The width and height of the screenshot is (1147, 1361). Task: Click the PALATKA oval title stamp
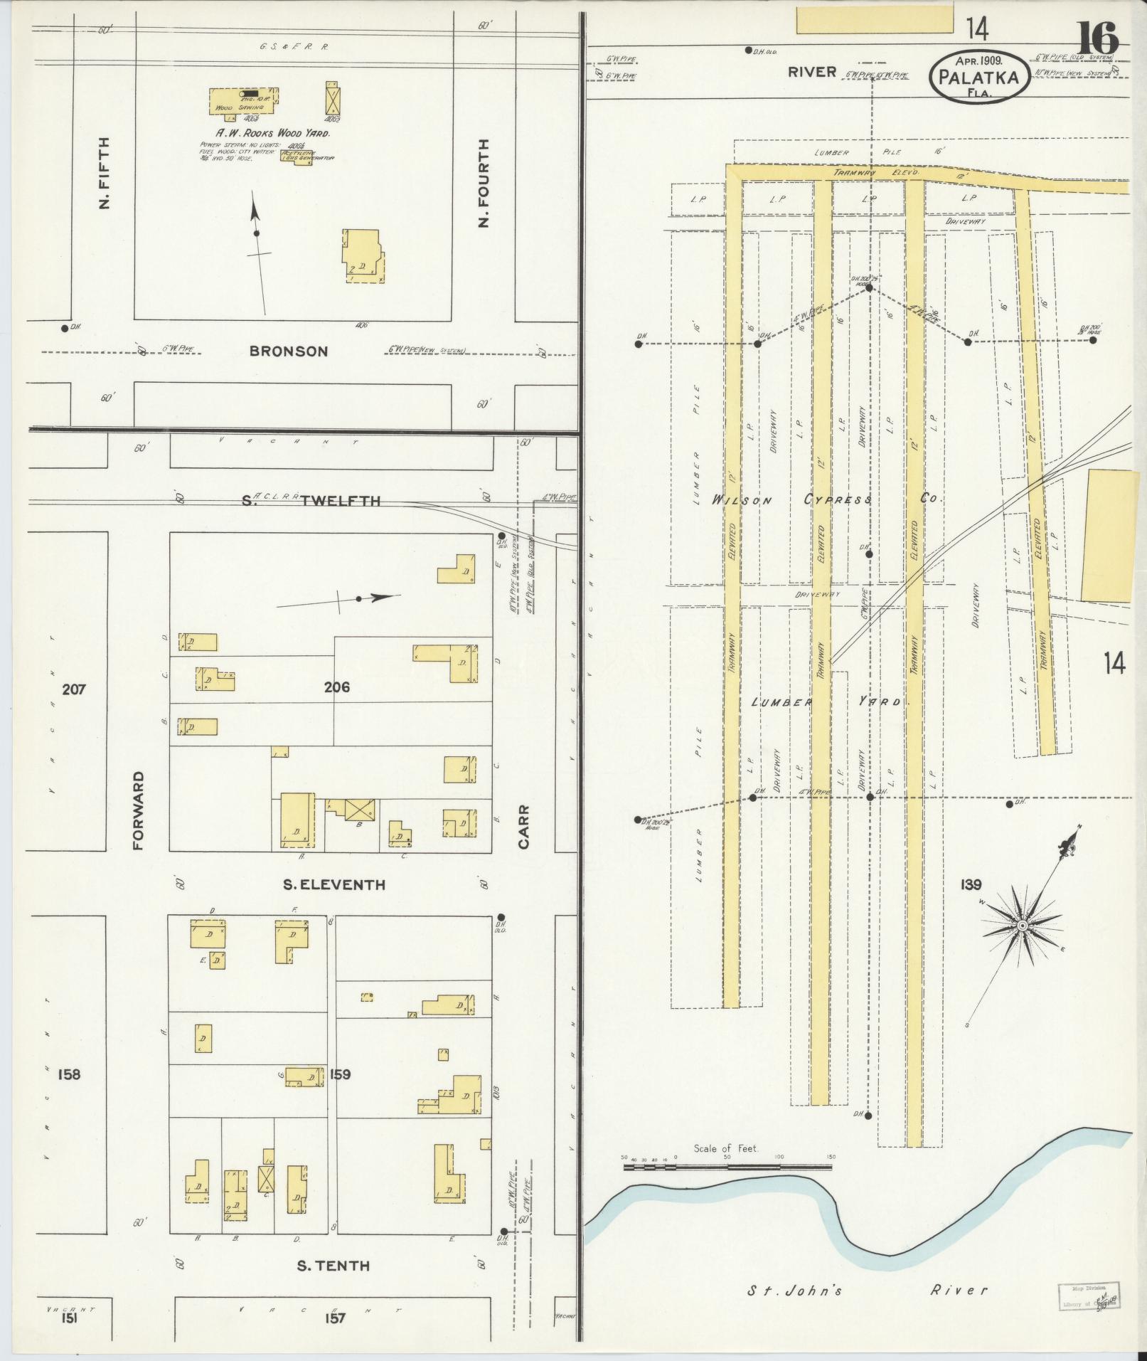tap(978, 76)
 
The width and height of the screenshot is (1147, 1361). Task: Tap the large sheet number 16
tap(1097, 38)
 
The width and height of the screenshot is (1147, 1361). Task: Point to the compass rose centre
tap(1021, 925)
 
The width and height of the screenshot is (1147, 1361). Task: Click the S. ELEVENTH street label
tap(334, 885)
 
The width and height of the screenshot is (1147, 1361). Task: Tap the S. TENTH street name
tap(333, 1266)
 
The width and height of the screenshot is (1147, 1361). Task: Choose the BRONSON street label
tap(289, 351)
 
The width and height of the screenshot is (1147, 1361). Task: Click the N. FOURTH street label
tap(484, 183)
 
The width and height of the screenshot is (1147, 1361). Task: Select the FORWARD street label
tap(138, 810)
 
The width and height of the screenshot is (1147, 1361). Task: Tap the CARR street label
tap(524, 826)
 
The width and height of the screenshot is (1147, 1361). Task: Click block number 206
tap(336, 688)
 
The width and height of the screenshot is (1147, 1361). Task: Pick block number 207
tap(74, 689)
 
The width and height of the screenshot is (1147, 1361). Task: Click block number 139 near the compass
tap(970, 885)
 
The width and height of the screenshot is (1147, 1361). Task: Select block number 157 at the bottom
tap(335, 1318)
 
